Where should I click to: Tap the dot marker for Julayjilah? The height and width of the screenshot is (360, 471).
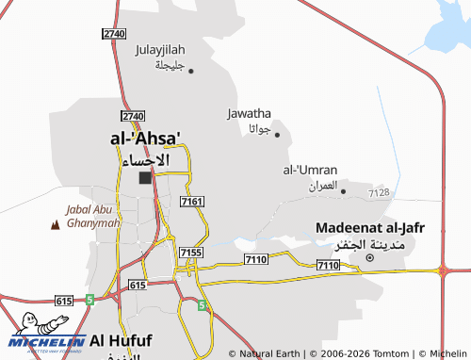pyautogui.click(x=190, y=70)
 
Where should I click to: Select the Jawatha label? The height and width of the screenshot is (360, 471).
pyautogui.click(x=250, y=114)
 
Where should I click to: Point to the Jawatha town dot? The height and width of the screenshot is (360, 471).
pyautogui.click(x=277, y=134)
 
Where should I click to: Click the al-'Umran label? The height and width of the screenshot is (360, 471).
pyautogui.click(x=310, y=170)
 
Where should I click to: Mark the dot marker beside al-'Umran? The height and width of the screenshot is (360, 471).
pyautogui.click(x=343, y=191)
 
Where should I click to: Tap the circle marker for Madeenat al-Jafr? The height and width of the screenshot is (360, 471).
pyautogui.click(x=369, y=257)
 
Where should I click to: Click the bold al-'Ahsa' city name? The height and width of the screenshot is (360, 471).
pyautogui.click(x=145, y=139)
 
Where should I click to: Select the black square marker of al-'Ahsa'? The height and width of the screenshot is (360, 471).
pyautogui.click(x=145, y=177)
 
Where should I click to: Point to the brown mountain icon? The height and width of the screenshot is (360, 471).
pyautogui.click(x=54, y=225)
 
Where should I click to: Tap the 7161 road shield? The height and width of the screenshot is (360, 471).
pyautogui.click(x=191, y=202)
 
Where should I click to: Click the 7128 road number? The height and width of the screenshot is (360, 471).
pyautogui.click(x=379, y=193)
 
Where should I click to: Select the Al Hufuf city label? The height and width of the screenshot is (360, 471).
pyautogui.click(x=123, y=339)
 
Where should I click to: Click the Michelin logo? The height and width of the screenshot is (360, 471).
pyautogui.click(x=47, y=335)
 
